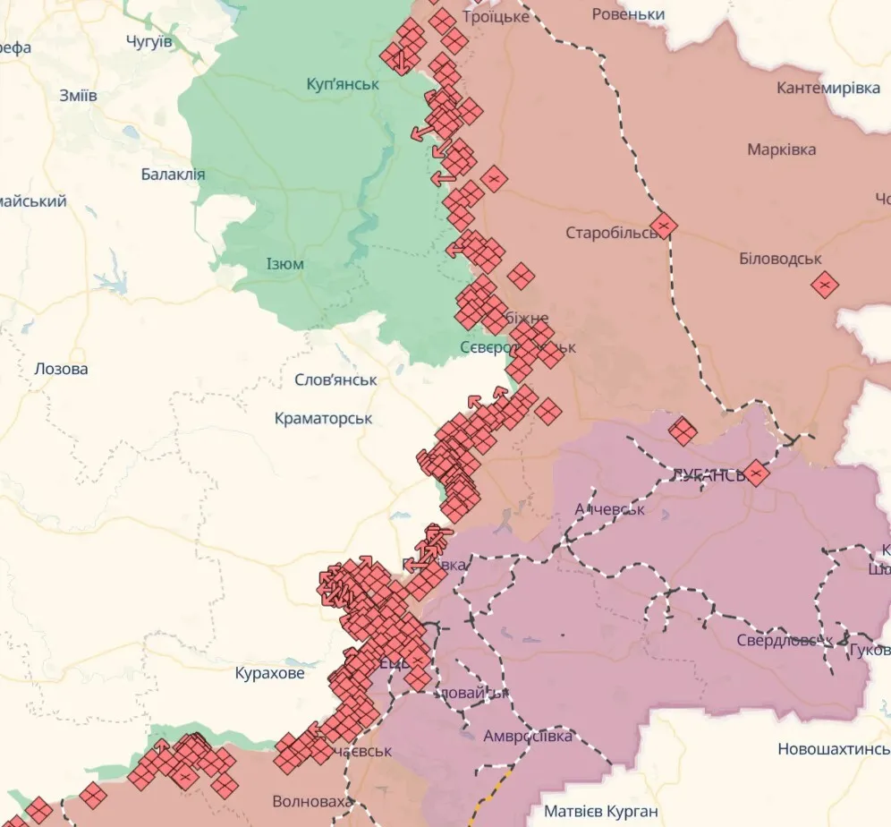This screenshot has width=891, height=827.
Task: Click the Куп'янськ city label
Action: (x=343, y=84)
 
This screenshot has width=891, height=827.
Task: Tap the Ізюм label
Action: (x=284, y=264)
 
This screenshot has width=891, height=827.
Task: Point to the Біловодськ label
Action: (x=780, y=259)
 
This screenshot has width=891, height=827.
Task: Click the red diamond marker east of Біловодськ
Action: (x=825, y=285)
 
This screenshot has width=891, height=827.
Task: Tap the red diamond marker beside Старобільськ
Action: (x=663, y=225)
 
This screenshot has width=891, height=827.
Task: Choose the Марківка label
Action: (x=781, y=149)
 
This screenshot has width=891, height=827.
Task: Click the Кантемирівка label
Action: (x=827, y=88)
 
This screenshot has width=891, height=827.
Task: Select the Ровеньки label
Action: (x=629, y=14)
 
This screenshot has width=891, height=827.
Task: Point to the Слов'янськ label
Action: (x=335, y=379)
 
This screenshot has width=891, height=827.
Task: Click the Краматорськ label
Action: (x=323, y=418)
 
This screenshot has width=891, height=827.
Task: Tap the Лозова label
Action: (x=61, y=368)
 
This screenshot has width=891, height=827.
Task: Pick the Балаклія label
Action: (x=173, y=175)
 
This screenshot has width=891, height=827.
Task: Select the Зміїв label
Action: (x=78, y=96)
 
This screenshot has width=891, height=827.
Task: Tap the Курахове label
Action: (x=269, y=672)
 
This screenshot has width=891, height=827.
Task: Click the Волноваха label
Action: (x=311, y=801)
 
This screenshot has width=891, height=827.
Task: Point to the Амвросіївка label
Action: (x=527, y=736)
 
